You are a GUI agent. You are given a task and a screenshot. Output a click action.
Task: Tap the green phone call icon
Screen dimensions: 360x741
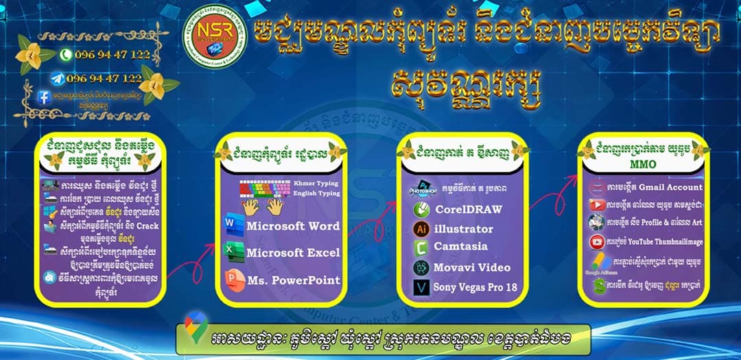66,54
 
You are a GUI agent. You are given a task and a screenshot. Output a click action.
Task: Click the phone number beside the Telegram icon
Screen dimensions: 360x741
104,78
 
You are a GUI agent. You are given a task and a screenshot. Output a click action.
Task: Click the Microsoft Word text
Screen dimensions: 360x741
293,226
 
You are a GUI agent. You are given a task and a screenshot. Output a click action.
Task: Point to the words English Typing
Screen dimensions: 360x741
316,194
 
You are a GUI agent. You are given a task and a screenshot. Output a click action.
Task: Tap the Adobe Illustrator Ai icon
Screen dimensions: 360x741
421,229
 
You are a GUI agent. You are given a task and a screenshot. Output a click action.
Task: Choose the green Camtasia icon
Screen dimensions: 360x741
421,248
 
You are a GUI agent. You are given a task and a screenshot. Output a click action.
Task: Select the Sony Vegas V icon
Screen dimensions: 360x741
421,287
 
